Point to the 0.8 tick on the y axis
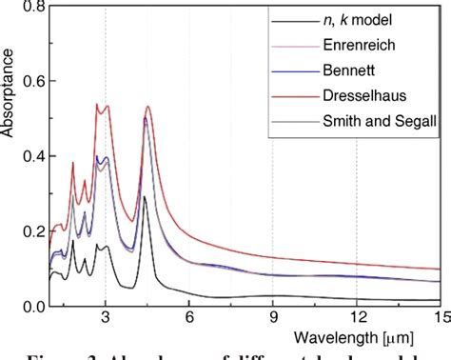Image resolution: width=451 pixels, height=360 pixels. click(33, 8)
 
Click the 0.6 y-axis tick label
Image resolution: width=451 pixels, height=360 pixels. click(33, 83)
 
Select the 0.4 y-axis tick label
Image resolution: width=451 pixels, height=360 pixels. click(33, 157)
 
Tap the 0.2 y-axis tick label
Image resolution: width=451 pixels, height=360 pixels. click(33, 231)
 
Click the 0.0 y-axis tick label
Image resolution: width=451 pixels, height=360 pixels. click(33, 306)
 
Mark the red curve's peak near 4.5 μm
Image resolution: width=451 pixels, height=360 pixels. click(147, 107)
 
